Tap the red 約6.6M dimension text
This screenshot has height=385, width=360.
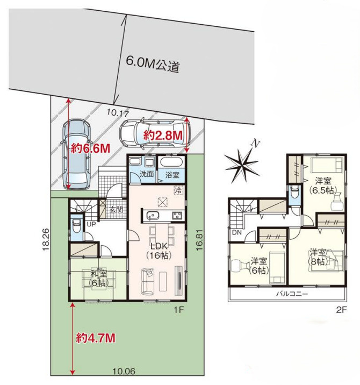pos(90,148)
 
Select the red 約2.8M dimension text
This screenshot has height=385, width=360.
pos(163,136)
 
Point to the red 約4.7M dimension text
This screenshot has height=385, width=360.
pos(96,338)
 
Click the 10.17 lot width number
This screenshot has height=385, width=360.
pos(118,113)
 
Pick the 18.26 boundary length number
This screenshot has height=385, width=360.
pos(46,239)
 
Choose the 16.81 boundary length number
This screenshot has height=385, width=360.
pos(199,240)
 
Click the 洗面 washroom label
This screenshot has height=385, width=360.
pos(147,174)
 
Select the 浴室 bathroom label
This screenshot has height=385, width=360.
pos(172,175)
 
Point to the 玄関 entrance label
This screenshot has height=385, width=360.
pos(116,210)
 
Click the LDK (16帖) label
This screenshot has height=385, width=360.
pos(159,251)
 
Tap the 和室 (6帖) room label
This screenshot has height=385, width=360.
pos(98,278)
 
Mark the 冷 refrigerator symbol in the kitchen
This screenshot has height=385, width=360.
pos(178,190)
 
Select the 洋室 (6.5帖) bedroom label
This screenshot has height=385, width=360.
pos(323,186)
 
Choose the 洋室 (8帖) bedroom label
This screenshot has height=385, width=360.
pos(318,257)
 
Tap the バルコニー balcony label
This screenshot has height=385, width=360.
pos(292,294)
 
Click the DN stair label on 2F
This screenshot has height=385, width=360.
pos(236,232)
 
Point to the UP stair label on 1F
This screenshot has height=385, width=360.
pos(91,224)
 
